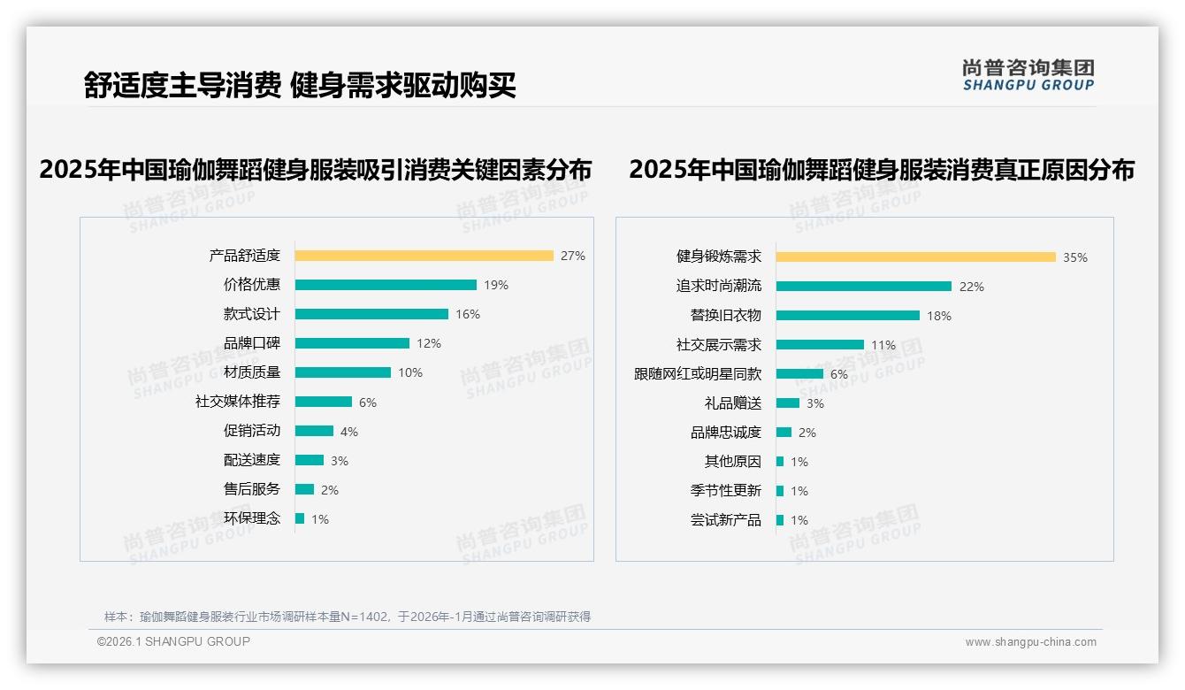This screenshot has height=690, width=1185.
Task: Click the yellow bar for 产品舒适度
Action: point(424,256)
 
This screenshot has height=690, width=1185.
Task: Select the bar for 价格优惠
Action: point(386,285)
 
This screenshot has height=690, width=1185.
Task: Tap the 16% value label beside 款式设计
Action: point(468,314)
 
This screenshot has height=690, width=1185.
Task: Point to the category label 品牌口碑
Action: point(251,343)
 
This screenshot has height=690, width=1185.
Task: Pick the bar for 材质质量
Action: point(342,372)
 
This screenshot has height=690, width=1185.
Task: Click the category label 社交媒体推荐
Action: point(237,402)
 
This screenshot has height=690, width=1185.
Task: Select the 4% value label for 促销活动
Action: point(349,432)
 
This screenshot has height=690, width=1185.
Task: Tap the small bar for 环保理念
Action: point(300,518)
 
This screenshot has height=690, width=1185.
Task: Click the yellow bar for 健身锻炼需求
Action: point(915,257)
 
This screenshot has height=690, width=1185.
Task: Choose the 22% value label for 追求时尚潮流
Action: point(972,287)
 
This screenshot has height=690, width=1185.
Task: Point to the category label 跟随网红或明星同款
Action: point(697,374)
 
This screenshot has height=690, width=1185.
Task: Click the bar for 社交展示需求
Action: point(820,344)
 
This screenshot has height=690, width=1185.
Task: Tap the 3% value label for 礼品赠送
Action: point(815,403)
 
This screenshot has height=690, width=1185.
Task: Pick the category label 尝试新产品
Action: point(725,520)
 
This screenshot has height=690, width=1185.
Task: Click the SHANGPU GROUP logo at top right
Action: point(1028,75)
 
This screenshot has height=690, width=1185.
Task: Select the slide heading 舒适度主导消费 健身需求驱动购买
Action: point(300,85)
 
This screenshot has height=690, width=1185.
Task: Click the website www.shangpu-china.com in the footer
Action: point(1030,642)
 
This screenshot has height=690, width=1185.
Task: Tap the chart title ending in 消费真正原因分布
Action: point(881,169)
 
